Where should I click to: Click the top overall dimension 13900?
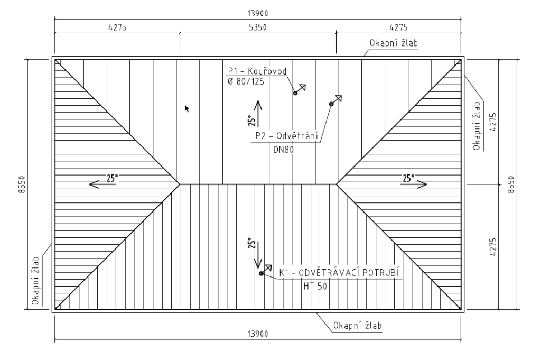(258, 13)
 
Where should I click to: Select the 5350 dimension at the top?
(258, 27)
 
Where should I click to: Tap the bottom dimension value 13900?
(258, 334)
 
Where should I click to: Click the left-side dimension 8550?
(22, 184)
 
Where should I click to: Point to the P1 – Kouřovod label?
(257, 71)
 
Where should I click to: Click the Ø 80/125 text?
(246, 82)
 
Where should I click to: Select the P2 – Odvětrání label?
(286, 136)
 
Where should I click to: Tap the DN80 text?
(283, 150)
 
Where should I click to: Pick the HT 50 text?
(315, 286)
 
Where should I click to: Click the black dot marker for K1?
(261, 273)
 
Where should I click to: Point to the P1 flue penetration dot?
(295, 93)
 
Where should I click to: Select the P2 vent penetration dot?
(331, 104)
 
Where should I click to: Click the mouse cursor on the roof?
(186, 109)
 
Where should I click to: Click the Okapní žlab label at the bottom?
(358, 326)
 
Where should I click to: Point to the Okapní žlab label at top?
(394, 43)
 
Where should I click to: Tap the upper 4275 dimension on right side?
(493, 122)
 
